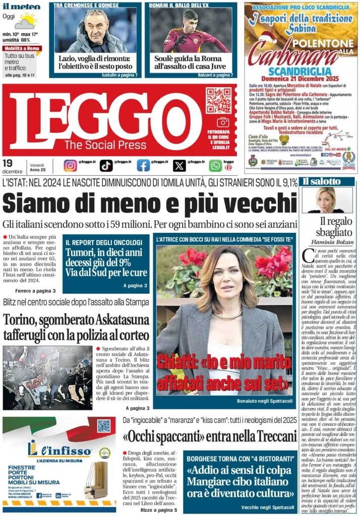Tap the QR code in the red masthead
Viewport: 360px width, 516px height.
pos(218,100)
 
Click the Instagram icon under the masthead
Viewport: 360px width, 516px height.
pos(71,165)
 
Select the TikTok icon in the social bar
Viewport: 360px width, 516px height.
pos(106,165)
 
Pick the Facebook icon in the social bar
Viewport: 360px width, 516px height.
pos(143,165)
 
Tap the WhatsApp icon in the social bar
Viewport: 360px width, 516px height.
pos(215,165)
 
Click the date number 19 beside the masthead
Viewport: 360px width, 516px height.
pos(8,163)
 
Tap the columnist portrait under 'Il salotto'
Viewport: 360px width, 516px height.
pos(327,200)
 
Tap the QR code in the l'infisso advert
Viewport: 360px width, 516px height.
pos(104,426)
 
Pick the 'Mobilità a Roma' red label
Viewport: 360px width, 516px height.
pos(22,48)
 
